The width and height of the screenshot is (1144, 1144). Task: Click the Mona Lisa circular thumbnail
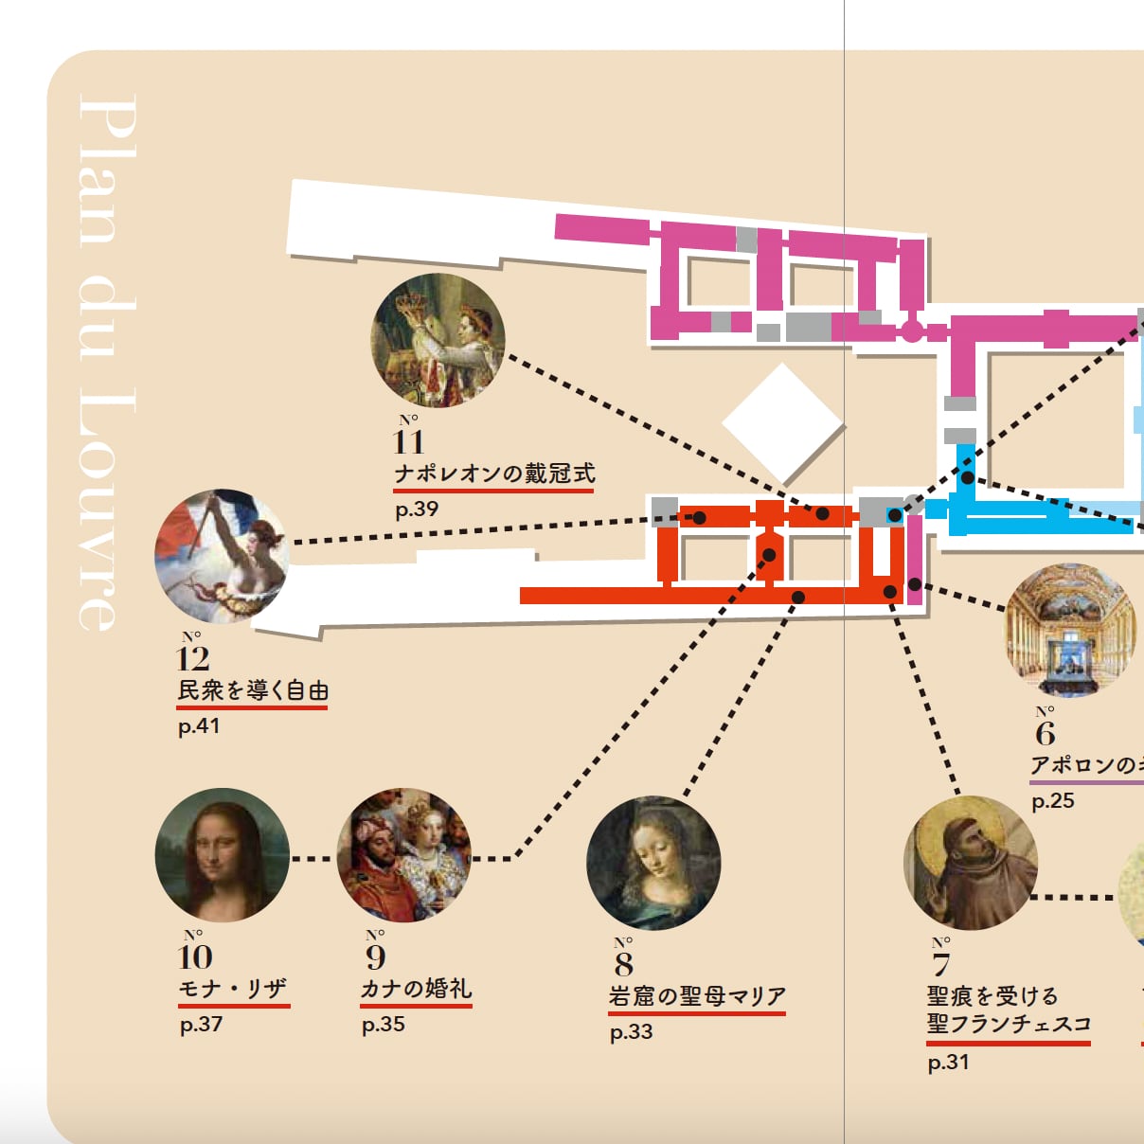coord(222,855)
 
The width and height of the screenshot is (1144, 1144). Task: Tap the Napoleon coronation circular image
coord(438,340)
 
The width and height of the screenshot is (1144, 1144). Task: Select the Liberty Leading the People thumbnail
coord(222,556)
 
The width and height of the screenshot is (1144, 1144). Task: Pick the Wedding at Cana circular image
coord(404,855)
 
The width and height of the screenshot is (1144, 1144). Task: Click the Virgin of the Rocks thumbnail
coord(653,863)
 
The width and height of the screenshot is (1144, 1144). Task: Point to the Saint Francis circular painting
coord(971,863)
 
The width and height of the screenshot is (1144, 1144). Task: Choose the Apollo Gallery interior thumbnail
coord(1070,630)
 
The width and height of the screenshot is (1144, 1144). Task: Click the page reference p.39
coord(417,509)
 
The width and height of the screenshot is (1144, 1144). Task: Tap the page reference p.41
coord(199,726)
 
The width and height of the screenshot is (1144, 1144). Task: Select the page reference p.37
coord(201,1025)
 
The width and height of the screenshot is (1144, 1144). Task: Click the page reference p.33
coord(631,1032)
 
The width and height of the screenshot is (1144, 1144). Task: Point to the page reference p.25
coord(1053,801)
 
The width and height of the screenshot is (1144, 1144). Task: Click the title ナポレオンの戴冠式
coord(494,474)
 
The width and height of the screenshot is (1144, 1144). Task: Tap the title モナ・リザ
coord(233,989)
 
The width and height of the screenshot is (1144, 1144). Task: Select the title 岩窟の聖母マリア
coord(697,996)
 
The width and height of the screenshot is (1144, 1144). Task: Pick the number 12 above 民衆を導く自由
coord(193,658)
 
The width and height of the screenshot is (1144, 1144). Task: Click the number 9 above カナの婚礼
coord(376,956)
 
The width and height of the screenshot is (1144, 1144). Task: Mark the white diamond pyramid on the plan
coord(782,422)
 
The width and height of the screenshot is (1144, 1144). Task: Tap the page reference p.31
coord(948,1063)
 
